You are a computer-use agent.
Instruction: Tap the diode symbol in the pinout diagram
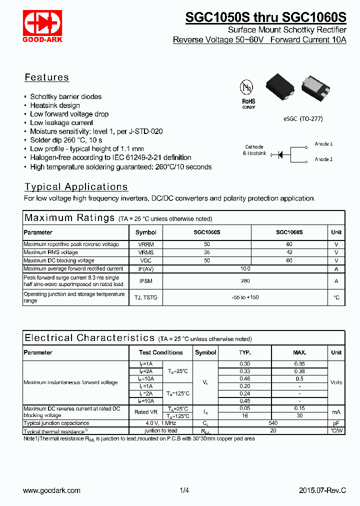click(281, 154)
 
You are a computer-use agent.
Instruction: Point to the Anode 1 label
click(323, 144)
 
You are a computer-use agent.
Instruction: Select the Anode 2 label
click(323, 159)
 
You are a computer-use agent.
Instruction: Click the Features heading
click(47, 77)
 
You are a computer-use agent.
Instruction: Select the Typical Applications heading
click(76, 187)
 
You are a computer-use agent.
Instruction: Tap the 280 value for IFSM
click(245, 281)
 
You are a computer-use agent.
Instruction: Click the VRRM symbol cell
click(145, 244)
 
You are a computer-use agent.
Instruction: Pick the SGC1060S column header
click(289, 232)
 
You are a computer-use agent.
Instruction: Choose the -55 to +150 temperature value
click(245, 297)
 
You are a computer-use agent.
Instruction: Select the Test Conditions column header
click(160, 352)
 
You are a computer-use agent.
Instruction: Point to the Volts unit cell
click(336, 382)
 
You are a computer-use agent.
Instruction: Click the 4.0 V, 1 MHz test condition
click(160, 423)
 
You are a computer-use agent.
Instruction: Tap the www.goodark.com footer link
click(52, 490)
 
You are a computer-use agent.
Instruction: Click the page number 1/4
click(184, 490)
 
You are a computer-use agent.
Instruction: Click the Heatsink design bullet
click(55, 105)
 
